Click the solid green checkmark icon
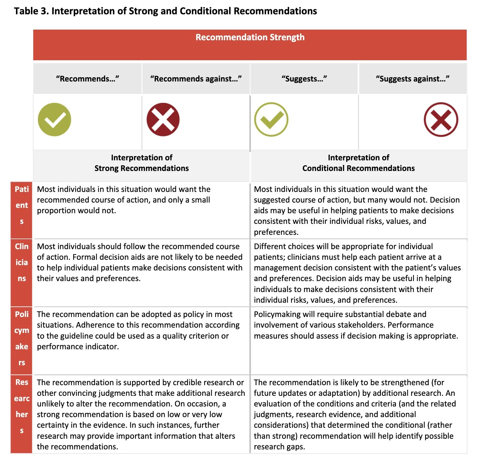(x=55, y=120)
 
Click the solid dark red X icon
(x=163, y=120)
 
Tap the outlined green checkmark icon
(x=271, y=120)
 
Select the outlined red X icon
(x=441, y=120)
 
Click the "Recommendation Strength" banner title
(x=250, y=37)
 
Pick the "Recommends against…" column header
(x=196, y=79)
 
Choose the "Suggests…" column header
(x=304, y=79)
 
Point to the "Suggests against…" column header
(x=412, y=79)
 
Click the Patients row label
(x=22, y=205)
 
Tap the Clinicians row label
(x=22, y=262)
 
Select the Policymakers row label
(x=22, y=338)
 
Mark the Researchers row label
(x=22, y=406)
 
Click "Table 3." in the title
(x=32, y=11)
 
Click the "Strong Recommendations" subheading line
(x=141, y=168)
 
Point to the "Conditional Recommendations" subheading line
(x=358, y=168)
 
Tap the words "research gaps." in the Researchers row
(x=279, y=447)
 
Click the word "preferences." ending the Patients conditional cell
(x=276, y=232)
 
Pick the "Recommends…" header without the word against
(x=87, y=79)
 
